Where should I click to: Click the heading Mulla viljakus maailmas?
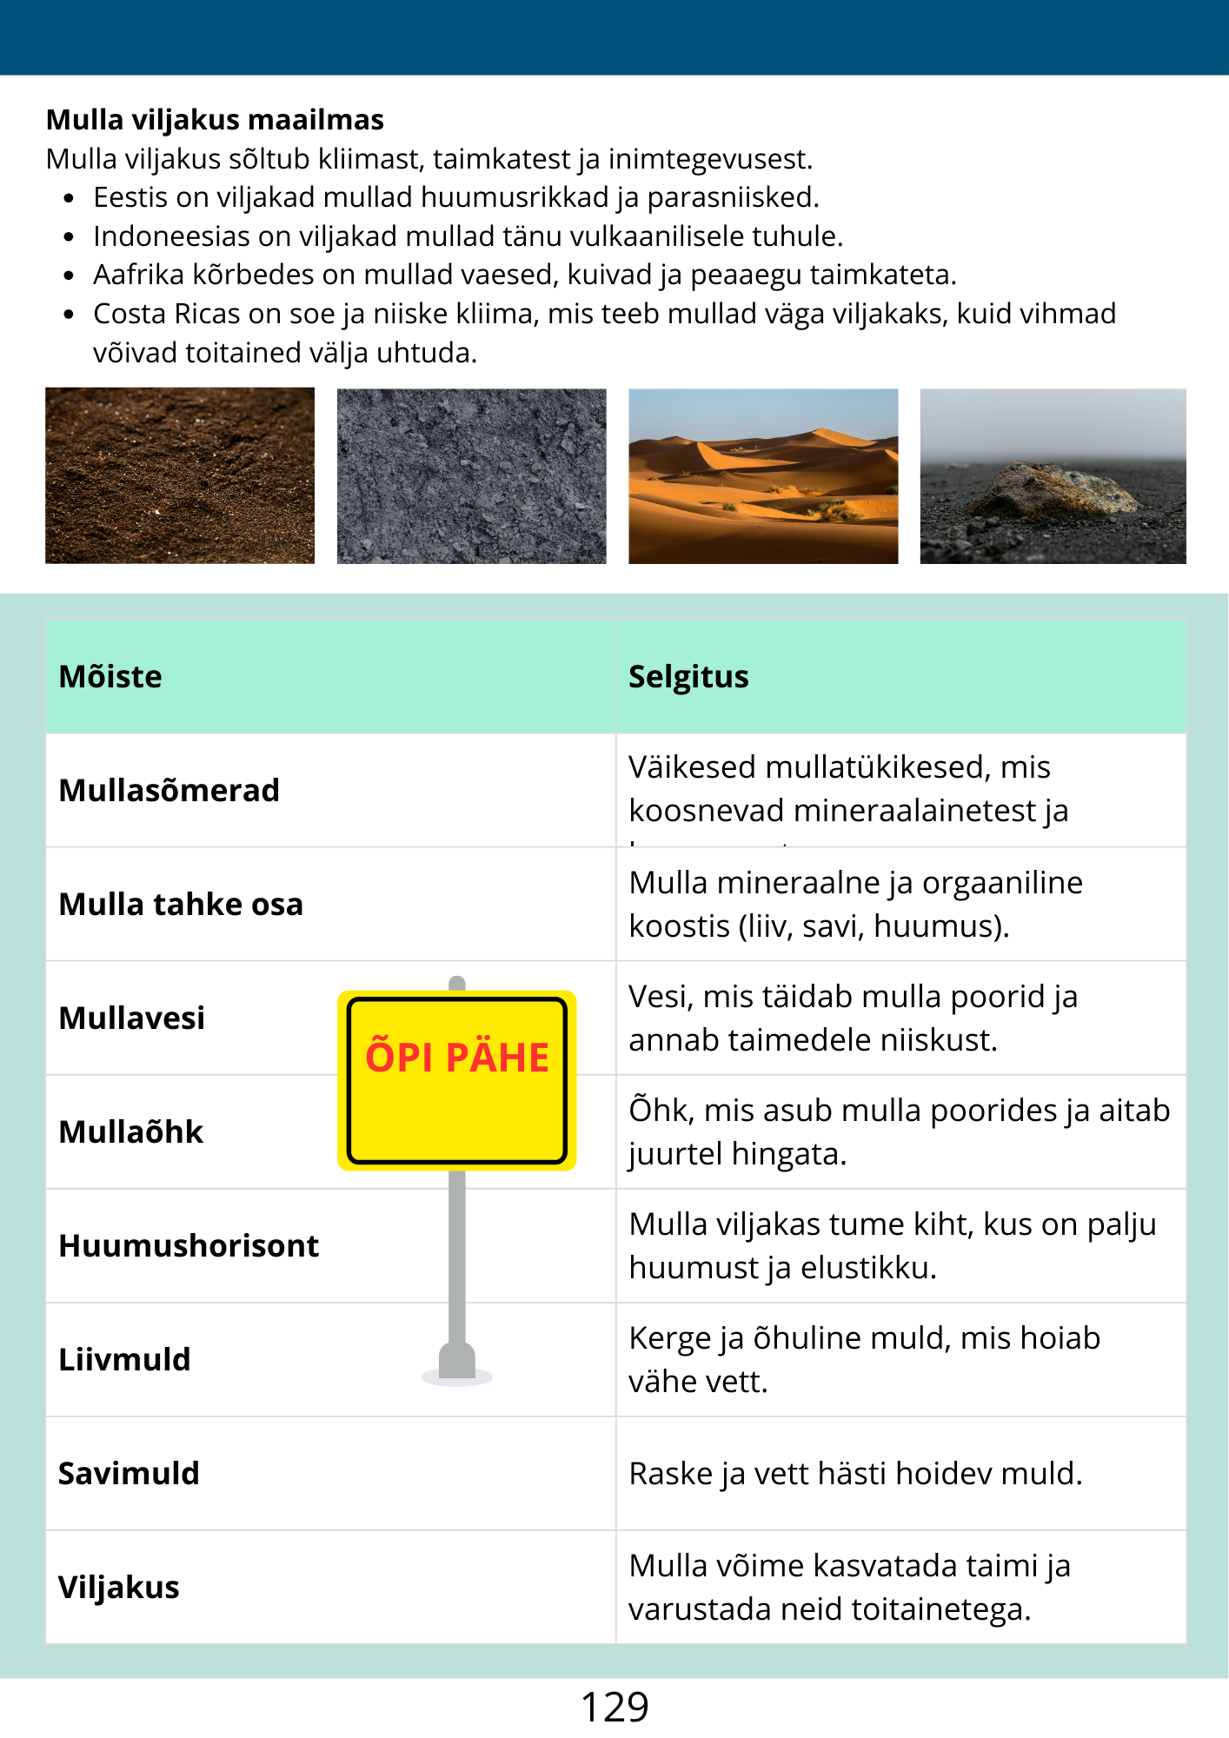pyautogui.click(x=215, y=120)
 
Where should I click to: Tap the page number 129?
pyautogui.click(x=614, y=1708)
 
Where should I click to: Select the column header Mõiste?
pyautogui.click(x=110, y=677)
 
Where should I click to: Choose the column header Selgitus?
pyautogui.click(x=688, y=677)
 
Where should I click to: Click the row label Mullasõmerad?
pyautogui.click(x=169, y=791)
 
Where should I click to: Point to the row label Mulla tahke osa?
pyautogui.click(x=181, y=905)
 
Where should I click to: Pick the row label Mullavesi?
pyautogui.click(x=132, y=1018)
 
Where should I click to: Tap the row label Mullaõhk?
pyautogui.click(x=131, y=1132)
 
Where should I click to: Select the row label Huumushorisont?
pyautogui.click(x=189, y=1246)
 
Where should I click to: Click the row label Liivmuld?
pyautogui.click(x=124, y=1360)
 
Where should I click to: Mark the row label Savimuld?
pyautogui.click(x=129, y=1474)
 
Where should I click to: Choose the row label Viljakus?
pyautogui.click(x=119, y=1588)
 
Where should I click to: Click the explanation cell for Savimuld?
pyautogui.click(x=855, y=1474)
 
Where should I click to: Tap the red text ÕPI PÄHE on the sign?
pyautogui.click(x=457, y=1058)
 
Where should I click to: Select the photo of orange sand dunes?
pyautogui.click(x=763, y=476)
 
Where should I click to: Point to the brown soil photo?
pyautogui.click(x=180, y=476)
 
